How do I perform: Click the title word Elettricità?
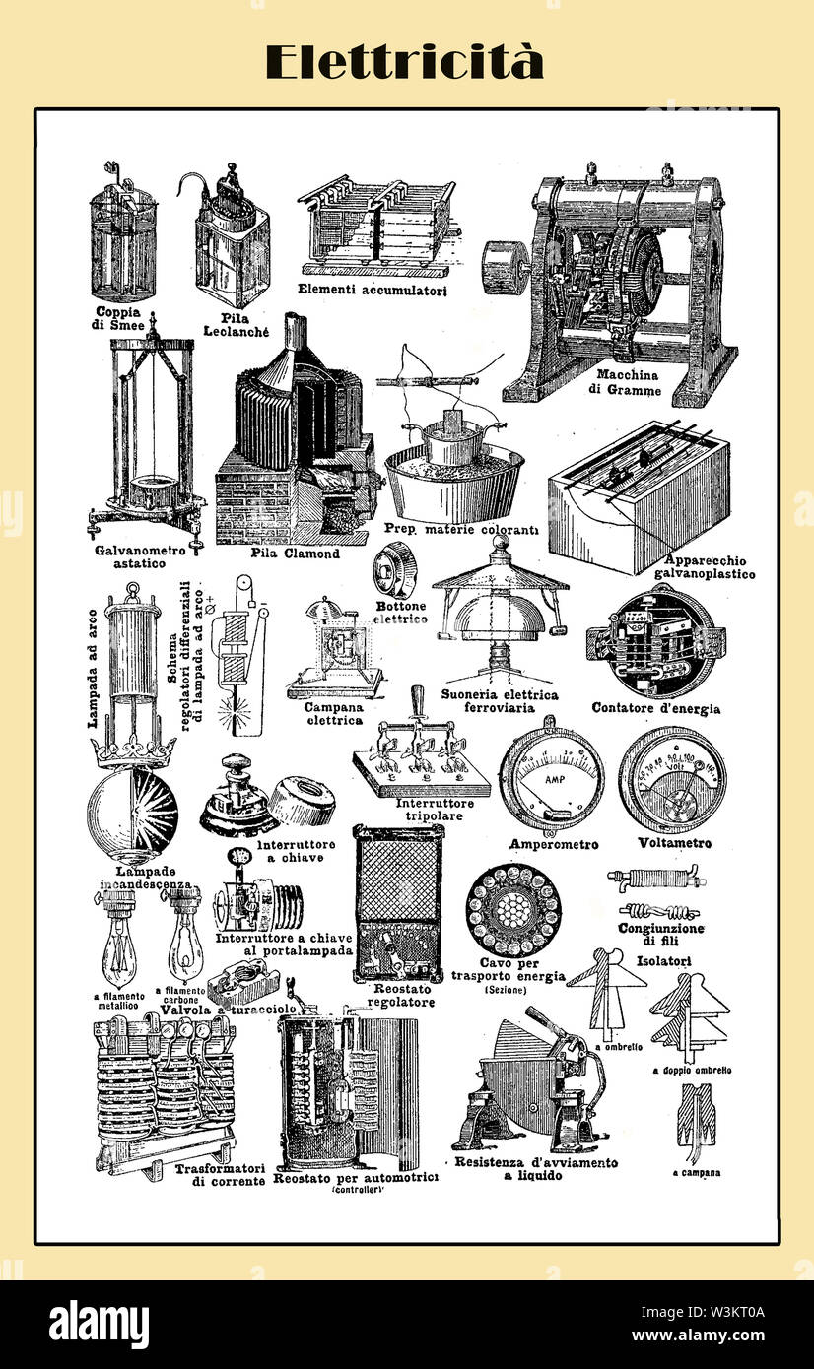[x=404, y=62]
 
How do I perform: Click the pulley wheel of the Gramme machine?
[x=504, y=267]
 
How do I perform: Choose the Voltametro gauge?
[x=673, y=780]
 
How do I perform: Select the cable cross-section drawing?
[x=512, y=910]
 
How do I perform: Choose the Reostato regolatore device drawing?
[x=398, y=902]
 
